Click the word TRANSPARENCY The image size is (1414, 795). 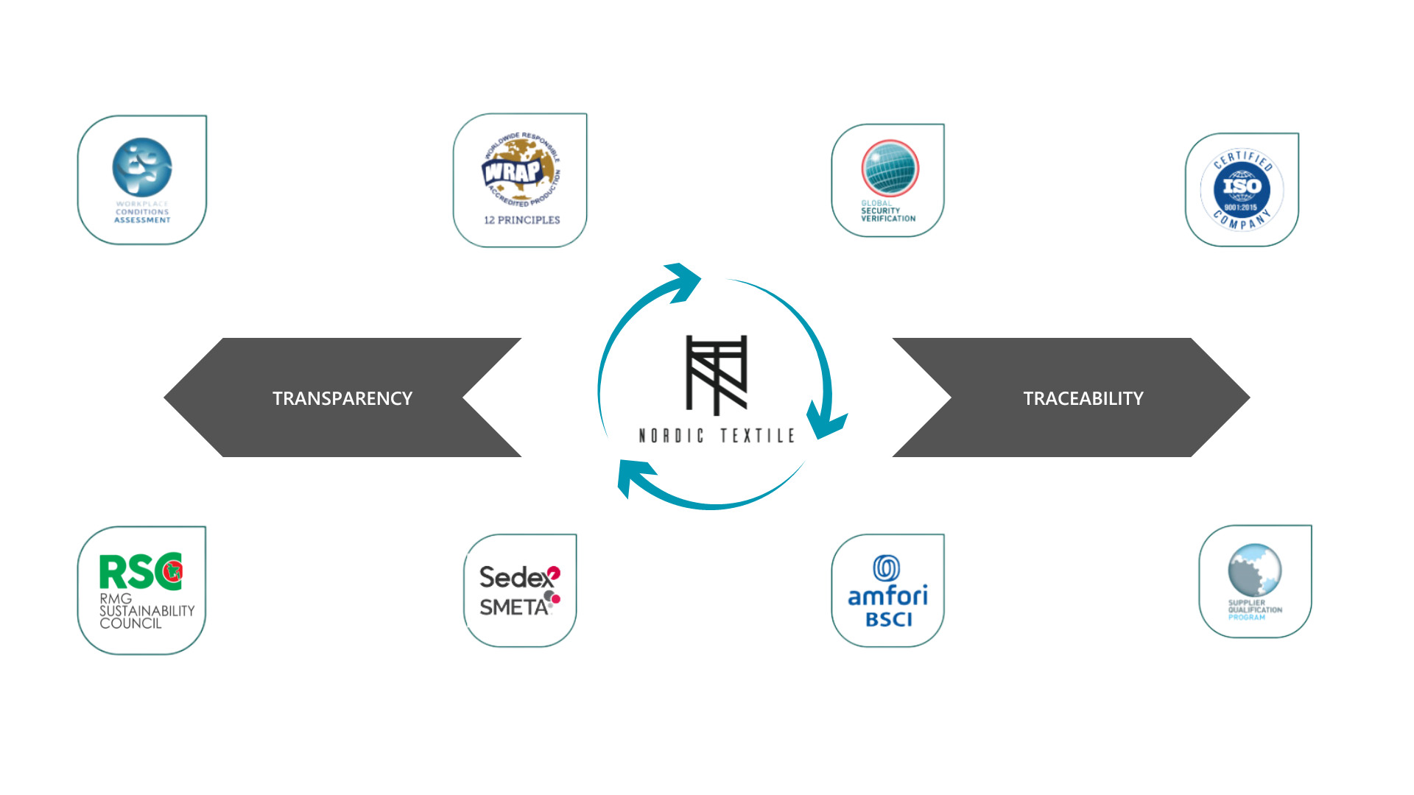(x=342, y=398)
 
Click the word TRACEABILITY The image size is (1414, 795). (x=1083, y=398)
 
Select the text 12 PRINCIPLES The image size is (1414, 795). (x=521, y=220)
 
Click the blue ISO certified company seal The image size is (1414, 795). (x=1242, y=188)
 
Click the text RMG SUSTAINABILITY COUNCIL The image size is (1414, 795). (x=146, y=611)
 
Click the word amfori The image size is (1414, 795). (x=887, y=596)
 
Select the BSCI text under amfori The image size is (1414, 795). (x=889, y=620)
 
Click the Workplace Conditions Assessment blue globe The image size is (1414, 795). (x=142, y=167)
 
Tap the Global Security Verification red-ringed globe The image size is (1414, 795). (x=890, y=168)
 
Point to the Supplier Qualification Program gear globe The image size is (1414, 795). (x=1255, y=570)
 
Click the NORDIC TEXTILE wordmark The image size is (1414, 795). (x=717, y=436)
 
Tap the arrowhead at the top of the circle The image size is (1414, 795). (x=683, y=281)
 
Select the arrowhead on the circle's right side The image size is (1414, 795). (x=825, y=421)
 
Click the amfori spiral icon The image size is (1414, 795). (x=887, y=568)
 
